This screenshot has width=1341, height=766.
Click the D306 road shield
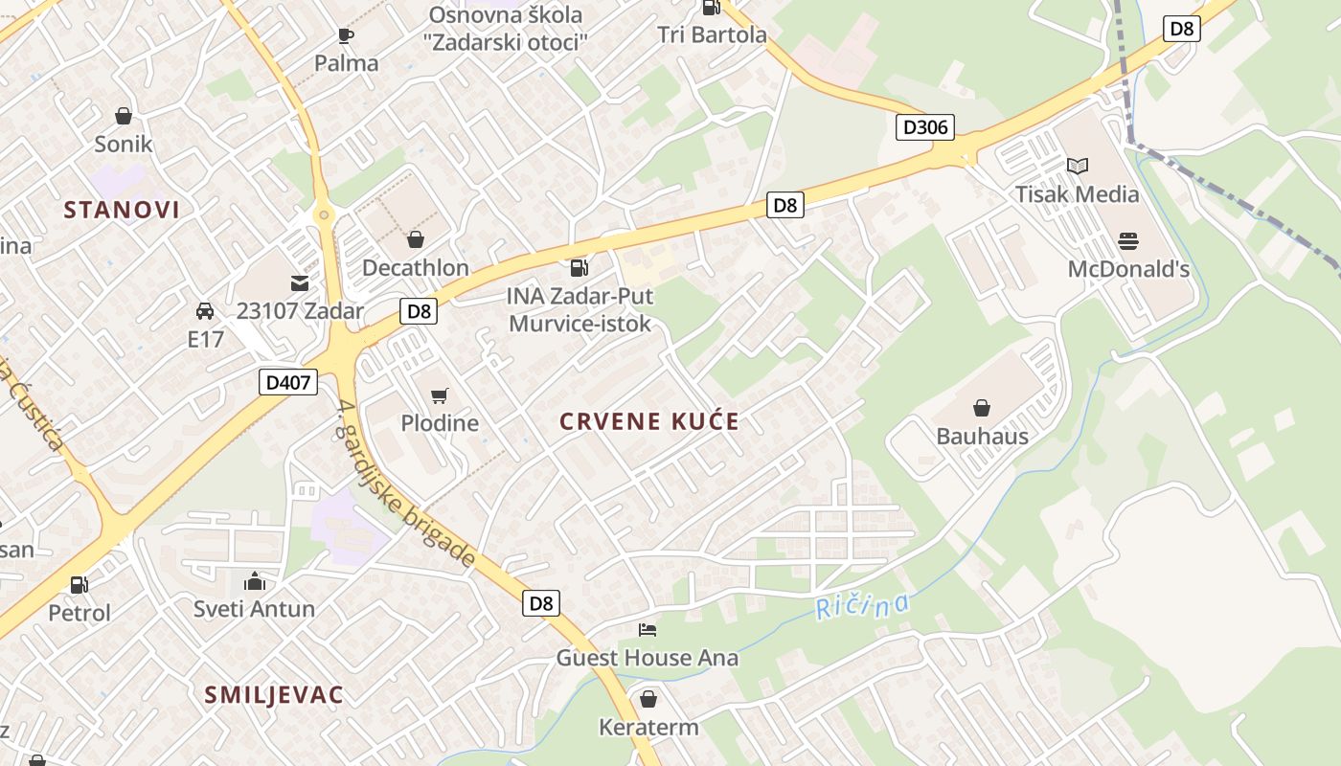(x=924, y=126)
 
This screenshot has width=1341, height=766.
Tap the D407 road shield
(x=287, y=383)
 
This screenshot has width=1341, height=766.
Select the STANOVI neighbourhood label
(x=122, y=210)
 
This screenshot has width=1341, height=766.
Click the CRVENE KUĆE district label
(x=649, y=421)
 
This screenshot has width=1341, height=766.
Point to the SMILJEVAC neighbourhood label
(x=273, y=695)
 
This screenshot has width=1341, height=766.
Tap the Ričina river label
(x=862, y=606)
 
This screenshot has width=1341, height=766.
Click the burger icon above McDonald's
(x=1128, y=240)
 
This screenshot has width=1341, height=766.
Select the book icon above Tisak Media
(x=1078, y=166)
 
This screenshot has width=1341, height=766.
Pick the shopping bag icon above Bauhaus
(x=982, y=409)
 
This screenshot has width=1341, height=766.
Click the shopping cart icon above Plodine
(x=440, y=395)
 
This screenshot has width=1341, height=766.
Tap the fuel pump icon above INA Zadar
(x=579, y=268)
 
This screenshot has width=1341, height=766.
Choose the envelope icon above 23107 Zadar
(x=300, y=283)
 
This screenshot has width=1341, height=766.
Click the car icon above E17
(x=205, y=311)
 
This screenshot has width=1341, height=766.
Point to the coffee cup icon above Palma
(x=346, y=35)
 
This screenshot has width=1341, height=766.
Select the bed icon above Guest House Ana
(x=648, y=630)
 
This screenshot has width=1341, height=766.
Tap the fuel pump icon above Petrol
(x=80, y=584)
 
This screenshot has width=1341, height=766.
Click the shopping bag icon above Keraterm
(x=648, y=699)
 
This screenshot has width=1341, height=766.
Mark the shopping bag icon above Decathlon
(x=415, y=239)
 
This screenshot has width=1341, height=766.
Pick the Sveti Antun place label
(x=254, y=609)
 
